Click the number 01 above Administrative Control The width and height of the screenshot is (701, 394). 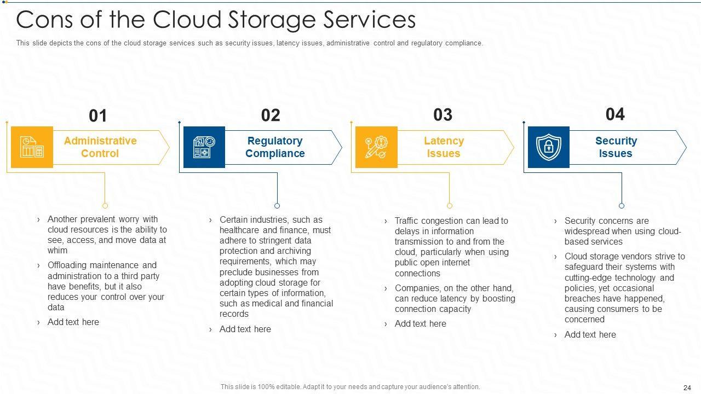(x=98, y=116)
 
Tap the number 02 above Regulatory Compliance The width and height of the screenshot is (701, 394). (x=271, y=115)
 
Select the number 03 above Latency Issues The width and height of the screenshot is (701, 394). (x=443, y=115)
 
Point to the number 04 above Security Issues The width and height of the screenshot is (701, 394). (x=615, y=114)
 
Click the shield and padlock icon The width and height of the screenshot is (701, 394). (x=548, y=147)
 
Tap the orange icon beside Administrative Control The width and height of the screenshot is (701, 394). (x=32, y=147)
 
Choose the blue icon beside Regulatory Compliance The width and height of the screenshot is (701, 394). (x=204, y=147)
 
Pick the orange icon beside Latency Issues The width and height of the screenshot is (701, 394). (x=376, y=147)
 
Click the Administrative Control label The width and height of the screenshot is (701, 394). (x=100, y=147)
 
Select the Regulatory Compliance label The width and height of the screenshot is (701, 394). (x=275, y=147)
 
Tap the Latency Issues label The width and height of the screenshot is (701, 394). (x=444, y=147)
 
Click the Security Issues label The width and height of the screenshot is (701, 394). (x=616, y=147)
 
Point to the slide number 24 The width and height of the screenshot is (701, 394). (x=687, y=387)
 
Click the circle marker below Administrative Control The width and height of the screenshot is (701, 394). (x=105, y=206)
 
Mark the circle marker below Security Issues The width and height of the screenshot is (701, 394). (x=622, y=206)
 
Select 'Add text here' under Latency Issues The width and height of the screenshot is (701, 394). (x=420, y=323)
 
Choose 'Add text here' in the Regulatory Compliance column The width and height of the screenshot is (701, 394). (x=245, y=329)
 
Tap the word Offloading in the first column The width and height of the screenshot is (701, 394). (x=67, y=265)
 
